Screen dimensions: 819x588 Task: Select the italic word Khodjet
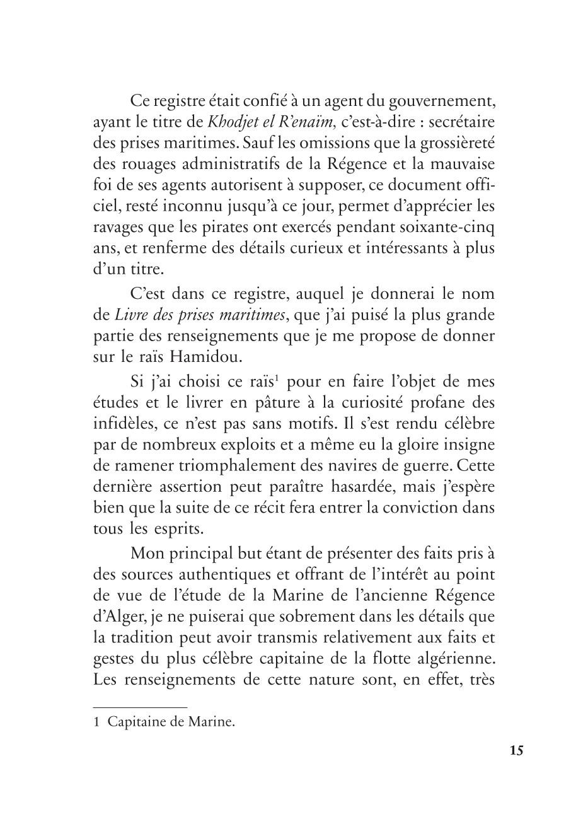tap(231, 122)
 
